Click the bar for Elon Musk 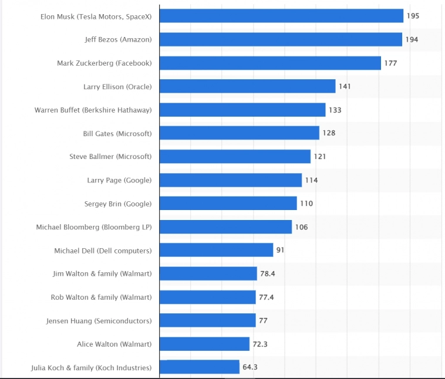[x=281, y=16]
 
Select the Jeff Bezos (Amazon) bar [x=281, y=39]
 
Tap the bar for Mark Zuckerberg [x=270, y=63]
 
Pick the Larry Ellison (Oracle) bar [x=247, y=86]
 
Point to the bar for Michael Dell [x=216, y=250]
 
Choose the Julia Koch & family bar [x=199, y=367]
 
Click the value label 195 [x=413, y=16]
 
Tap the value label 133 [x=335, y=110]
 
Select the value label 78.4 [x=268, y=273]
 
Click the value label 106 [x=301, y=227]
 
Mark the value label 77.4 [x=266, y=297]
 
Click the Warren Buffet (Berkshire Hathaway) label [x=93, y=110]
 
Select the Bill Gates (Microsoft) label [x=117, y=133]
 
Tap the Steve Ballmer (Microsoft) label [x=110, y=157]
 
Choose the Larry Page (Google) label [x=119, y=180]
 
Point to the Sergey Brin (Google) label [x=118, y=204]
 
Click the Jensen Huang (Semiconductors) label [x=99, y=321]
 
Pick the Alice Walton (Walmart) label [x=114, y=344]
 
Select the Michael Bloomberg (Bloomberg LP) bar [x=225, y=227]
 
